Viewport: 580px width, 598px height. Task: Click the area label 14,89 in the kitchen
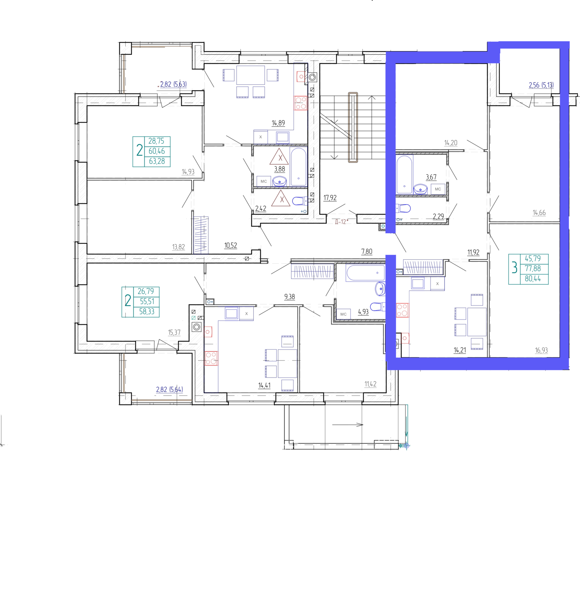point(278,123)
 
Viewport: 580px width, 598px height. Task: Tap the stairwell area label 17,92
point(330,198)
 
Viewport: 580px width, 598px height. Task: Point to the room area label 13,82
point(178,247)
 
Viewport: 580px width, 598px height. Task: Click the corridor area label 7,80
point(366,251)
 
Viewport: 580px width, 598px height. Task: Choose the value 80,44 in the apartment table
point(533,279)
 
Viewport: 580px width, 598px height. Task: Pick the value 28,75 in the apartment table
point(156,141)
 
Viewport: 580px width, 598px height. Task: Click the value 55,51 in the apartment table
point(147,301)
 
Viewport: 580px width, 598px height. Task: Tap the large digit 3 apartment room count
point(514,268)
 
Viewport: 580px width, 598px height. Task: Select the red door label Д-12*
point(341,222)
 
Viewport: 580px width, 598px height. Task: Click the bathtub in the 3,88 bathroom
point(298,167)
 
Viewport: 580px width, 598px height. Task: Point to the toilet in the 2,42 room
point(299,201)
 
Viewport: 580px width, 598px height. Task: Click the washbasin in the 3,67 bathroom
point(420,189)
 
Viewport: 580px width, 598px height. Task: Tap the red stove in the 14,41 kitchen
point(211,358)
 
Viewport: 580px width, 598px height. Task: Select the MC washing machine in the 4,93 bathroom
point(343,314)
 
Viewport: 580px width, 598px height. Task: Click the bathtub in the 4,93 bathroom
point(365,273)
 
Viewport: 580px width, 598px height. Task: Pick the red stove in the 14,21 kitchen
point(402,310)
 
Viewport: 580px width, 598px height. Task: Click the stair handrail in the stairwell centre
point(353,127)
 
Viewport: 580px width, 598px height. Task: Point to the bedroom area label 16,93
point(541,350)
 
